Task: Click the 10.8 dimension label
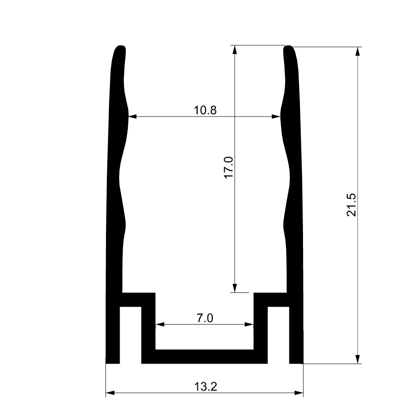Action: point(205,110)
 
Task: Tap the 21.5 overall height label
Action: point(351,205)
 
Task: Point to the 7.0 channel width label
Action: point(204,318)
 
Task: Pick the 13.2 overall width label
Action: point(205,387)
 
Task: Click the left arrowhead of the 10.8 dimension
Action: point(132,117)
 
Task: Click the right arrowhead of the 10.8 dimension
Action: point(276,117)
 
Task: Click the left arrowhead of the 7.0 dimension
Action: point(160,325)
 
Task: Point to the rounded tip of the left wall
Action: point(121,48)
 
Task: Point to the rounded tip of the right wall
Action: point(289,48)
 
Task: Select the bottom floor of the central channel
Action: point(204,356)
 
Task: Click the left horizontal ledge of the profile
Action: point(138,299)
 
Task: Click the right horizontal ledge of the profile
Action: point(271,299)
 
